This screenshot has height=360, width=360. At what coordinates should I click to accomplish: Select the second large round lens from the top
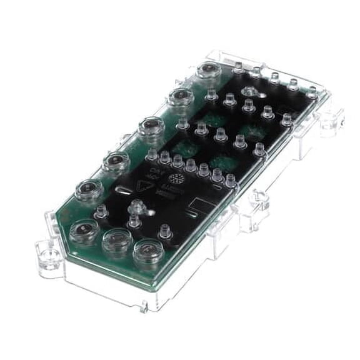tap(181, 96)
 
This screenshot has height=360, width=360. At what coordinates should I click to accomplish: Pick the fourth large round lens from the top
tap(116, 162)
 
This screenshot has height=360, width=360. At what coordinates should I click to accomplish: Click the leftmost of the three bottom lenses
tap(83, 231)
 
